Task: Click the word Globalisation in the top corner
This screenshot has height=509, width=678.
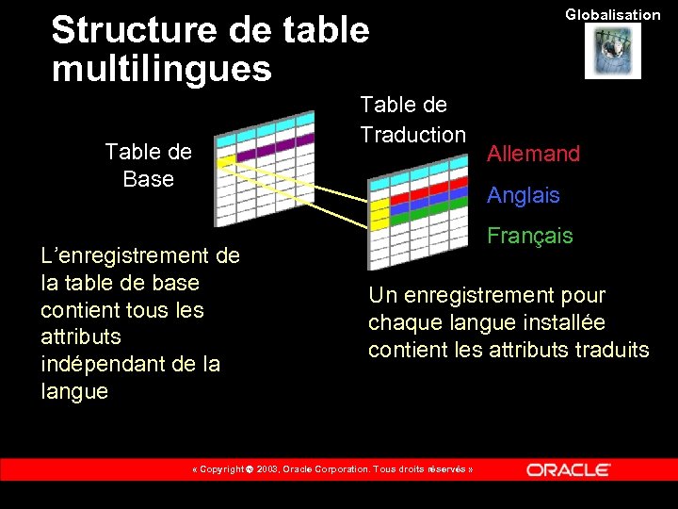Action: (613, 14)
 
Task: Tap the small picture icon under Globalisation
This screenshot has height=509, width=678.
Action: (612, 51)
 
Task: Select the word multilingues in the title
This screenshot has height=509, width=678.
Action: (161, 68)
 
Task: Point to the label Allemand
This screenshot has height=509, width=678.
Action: (533, 155)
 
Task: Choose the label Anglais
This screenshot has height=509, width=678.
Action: (523, 196)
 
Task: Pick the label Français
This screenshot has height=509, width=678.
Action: (529, 236)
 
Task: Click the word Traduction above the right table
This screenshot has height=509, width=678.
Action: (412, 135)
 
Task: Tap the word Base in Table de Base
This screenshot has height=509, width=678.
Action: (148, 179)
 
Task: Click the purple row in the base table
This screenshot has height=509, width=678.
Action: (273, 149)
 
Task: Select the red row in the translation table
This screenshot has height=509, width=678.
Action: (428, 199)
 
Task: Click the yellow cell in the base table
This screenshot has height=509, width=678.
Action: (225, 161)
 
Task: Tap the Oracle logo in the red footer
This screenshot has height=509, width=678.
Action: (568, 469)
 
